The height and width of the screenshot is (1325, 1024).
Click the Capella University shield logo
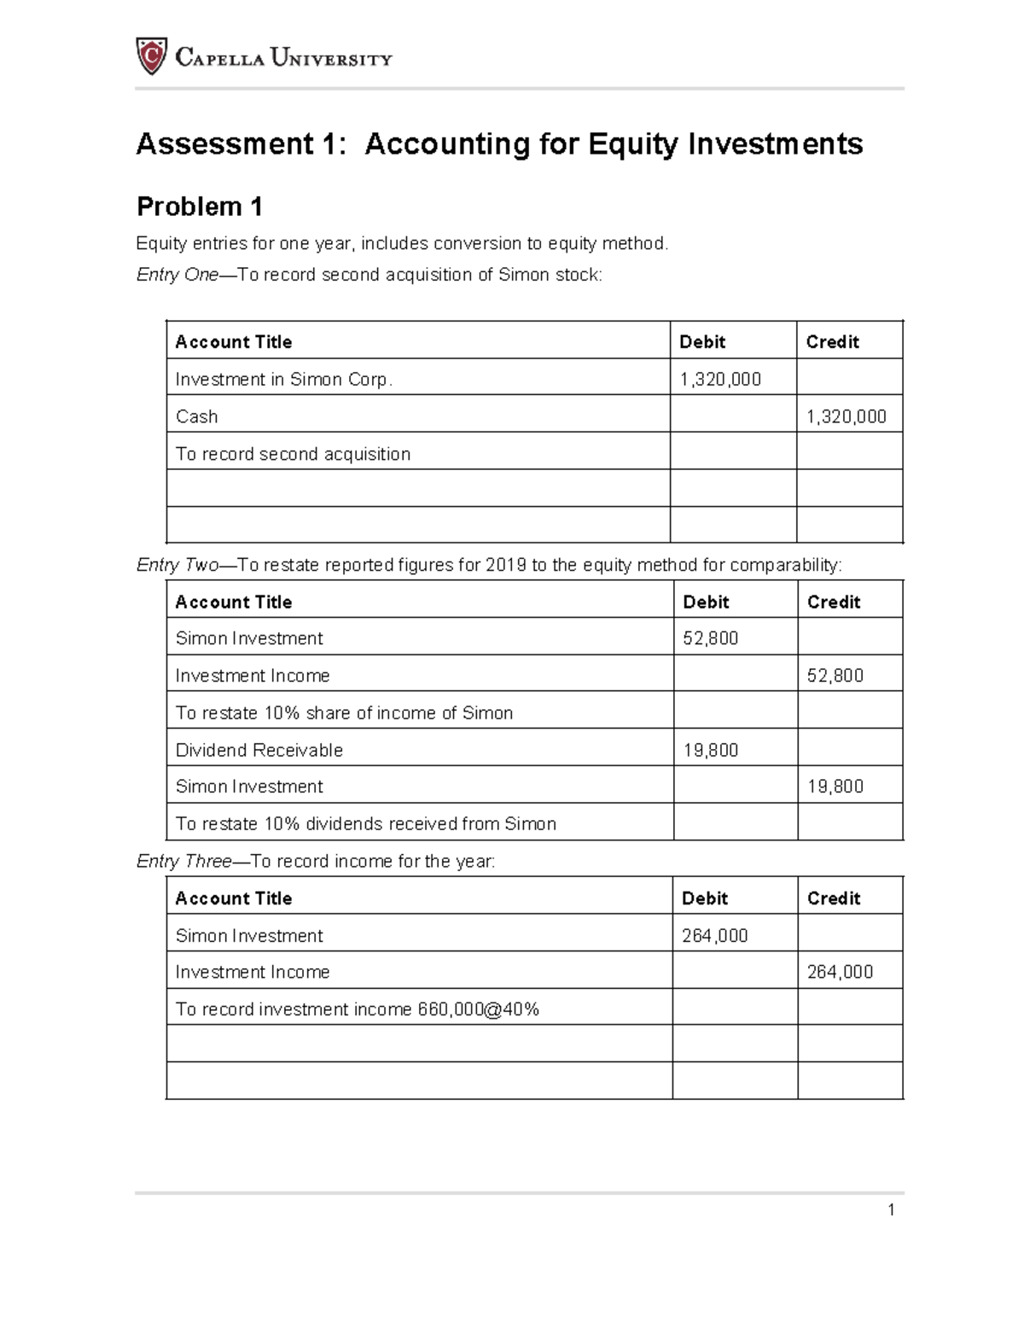tap(151, 56)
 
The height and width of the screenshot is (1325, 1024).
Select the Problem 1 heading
tap(200, 206)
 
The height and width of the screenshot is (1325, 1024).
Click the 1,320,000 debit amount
tap(720, 380)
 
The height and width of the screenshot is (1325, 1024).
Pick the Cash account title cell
tap(197, 416)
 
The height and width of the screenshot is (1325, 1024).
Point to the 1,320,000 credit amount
tap(847, 416)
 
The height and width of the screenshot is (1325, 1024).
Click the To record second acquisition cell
tap(293, 454)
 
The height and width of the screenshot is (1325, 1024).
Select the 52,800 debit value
tap(711, 638)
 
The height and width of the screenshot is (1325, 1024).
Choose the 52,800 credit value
tap(835, 676)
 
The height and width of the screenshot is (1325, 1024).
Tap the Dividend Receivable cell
tap(259, 750)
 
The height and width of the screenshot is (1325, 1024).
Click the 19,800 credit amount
tap(835, 787)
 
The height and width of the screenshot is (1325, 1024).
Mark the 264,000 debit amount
tap(715, 936)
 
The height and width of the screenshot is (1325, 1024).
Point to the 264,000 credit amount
tap(840, 972)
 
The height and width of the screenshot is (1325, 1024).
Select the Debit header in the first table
tap(701, 342)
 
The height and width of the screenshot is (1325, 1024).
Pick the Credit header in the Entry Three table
tap(834, 898)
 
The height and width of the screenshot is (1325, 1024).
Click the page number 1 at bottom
tap(891, 1210)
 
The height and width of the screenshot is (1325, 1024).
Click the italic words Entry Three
tap(183, 862)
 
